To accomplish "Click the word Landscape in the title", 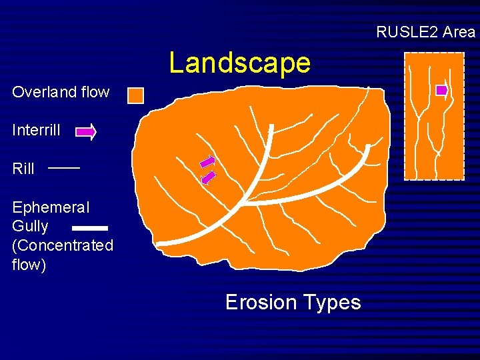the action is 239,63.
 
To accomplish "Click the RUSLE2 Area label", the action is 425,31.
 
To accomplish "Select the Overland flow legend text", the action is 61,92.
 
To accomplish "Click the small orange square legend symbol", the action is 135,95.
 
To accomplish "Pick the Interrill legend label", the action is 36,130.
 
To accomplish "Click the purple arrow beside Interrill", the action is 86,132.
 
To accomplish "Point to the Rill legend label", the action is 23,169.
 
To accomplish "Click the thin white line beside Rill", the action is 64,168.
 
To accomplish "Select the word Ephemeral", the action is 51,207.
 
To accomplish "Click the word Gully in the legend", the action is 30,226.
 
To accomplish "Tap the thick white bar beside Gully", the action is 89,228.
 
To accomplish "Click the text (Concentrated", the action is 63,245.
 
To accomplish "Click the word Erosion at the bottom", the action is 260,302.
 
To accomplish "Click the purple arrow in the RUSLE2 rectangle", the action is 441,91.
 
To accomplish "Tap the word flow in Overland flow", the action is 95,92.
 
